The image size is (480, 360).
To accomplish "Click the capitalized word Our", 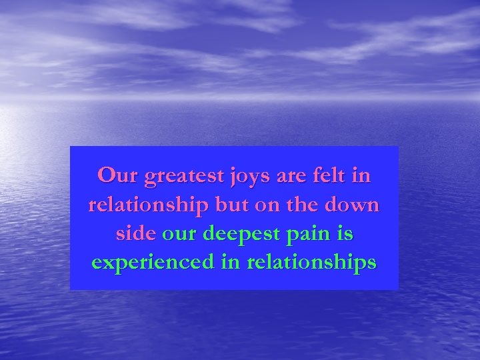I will coord(117,176).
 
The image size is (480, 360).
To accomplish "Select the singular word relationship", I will coord(149,205).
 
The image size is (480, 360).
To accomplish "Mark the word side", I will coord(135,233).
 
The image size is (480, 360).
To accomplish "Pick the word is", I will coord(346,233).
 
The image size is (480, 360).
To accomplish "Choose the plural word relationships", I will coord(311,263).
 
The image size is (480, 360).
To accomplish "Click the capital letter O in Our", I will coord(107,176).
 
